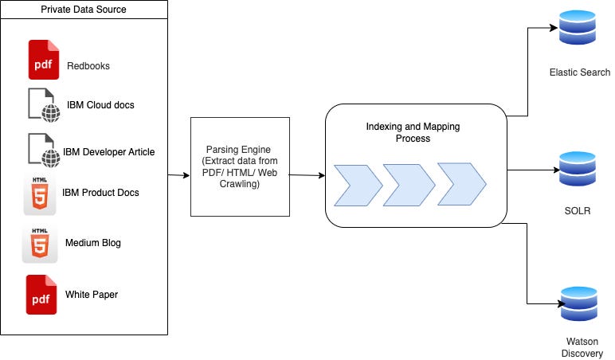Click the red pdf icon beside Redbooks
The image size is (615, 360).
pyautogui.click(x=44, y=60)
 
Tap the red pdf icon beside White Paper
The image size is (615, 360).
pyautogui.click(x=41, y=295)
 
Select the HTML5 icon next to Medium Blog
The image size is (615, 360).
pyautogui.click(x=40, y=244)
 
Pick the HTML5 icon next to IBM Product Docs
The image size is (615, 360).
pyautogui.click(x=40, y=195)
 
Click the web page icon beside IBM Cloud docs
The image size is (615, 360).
pyautogui.click(x=44, y=105)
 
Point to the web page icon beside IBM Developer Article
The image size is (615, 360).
pyautogui.click(x=44, y=151)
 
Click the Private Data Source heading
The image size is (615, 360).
pyautogui.click(x=84, y=10)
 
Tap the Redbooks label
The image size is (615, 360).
pyautogui.click(x=88, y=66)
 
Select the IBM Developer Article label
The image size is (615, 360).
pyautogui.click(x=108, y=152)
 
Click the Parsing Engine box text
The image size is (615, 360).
pyautogui.click(x=240, y=166)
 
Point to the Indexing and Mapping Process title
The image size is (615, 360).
pyautogui.click(x=413, y=132)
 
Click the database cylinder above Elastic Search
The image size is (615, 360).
pyautogui.click(x=578, y=27)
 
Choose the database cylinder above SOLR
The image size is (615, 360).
pyautogui.click(x=578, y=169)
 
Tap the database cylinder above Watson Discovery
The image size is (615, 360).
pyautogui.click(x=579, y=304)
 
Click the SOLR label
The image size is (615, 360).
pyautogui.click(x=578, y=210)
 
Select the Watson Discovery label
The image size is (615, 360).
pyautogui.click(x=582, y=347)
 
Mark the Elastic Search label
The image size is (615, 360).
pyautogui.click(x=580, y=72)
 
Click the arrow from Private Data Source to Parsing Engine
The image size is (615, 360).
pyautogui.click(x=179, y=175)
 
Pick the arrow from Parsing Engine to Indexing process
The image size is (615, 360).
pyautogui.click(x=307, y=175)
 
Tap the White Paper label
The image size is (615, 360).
pyautogui.click(x=92, y=295)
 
